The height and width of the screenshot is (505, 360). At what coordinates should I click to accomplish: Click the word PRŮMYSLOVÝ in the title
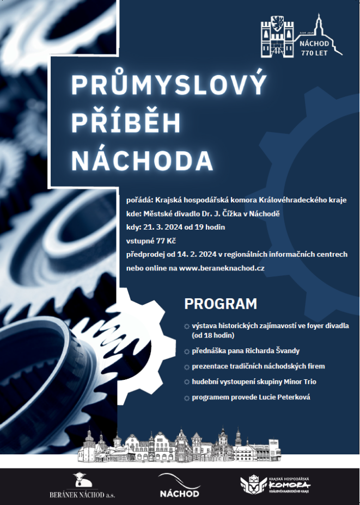click(x=169, y=86)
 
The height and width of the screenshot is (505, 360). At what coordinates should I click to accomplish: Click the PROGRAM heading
click(x=221, y=304)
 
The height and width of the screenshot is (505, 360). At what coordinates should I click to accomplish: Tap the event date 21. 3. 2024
click(x=162, y=227)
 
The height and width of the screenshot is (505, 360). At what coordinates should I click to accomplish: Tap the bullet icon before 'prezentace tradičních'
click(x=187, y=367)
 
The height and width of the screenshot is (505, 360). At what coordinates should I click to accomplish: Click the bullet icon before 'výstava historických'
click(x=187, y=327)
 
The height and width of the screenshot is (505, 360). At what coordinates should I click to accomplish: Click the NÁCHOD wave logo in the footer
click(x=179, y=485)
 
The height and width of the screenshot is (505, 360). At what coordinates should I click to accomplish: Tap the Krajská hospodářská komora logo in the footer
click(x=276, y=485)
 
